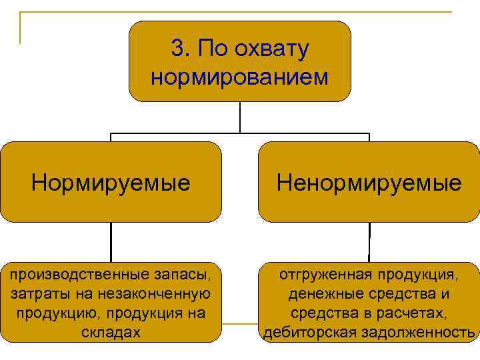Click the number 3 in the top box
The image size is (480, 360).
[x=177, y=49]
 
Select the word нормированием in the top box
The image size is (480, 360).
[x=240, y=77]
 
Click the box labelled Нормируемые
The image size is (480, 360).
[x=111, y=181]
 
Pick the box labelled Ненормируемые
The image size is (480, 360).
[x=369, y=181]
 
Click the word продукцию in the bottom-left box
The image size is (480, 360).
[x=44, y=313]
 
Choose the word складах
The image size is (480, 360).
[x=111, y=332]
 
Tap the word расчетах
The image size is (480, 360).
[x=410, y=313]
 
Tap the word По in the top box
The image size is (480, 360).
[x=207, y=49]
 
